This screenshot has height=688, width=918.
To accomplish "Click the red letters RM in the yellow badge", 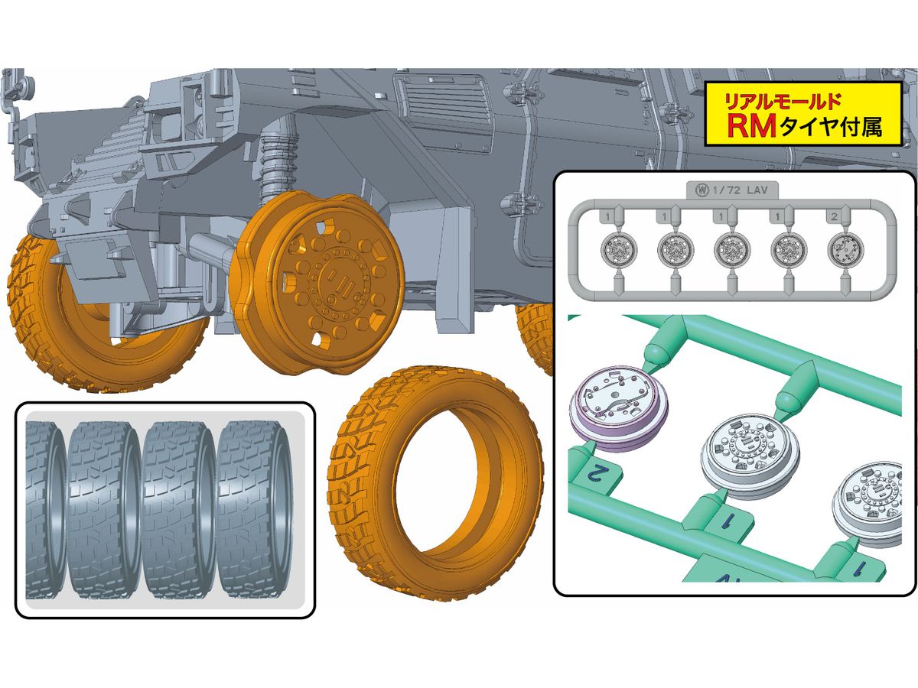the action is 751,127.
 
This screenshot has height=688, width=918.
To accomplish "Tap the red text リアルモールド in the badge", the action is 783,102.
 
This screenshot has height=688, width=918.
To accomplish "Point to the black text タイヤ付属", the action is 830,126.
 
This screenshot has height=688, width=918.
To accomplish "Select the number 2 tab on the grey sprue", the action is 835,217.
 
